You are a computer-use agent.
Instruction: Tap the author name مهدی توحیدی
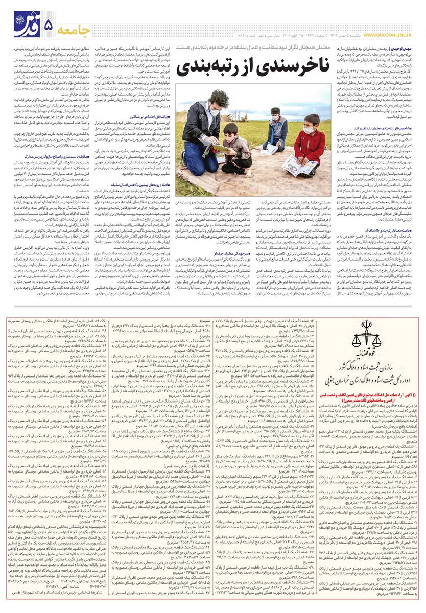pyautogui.click(x=407, y=48)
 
